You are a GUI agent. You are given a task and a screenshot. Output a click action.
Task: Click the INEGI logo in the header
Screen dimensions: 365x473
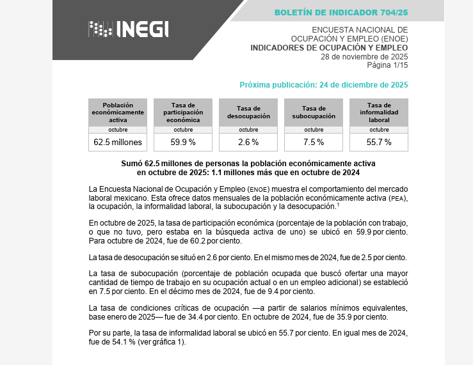129,29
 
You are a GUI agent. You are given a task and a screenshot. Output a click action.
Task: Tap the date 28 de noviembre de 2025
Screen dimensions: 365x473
364,56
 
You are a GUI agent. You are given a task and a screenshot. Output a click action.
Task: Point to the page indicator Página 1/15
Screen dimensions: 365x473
387,65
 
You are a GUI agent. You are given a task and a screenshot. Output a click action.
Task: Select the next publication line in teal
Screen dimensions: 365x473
323,84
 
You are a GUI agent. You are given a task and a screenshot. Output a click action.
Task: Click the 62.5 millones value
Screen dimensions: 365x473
118,142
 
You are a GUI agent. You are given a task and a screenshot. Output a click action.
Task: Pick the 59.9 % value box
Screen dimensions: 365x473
183,142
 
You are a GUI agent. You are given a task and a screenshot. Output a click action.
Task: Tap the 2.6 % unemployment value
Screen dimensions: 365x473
248,142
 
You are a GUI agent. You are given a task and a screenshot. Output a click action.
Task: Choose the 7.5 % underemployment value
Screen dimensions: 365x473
314,142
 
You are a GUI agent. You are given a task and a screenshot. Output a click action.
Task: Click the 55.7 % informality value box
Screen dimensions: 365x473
379,142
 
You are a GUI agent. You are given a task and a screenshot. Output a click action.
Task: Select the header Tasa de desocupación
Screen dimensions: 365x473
248,113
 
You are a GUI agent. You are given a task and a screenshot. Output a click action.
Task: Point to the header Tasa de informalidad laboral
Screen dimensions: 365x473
379,113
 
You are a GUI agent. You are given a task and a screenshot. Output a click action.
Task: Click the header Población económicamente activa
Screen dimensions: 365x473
118,113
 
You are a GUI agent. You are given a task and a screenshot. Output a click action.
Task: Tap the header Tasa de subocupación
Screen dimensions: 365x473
314,113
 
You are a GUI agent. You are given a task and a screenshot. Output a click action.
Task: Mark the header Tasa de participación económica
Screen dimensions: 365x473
183,113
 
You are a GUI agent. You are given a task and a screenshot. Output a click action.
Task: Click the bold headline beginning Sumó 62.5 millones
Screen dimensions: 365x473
248,168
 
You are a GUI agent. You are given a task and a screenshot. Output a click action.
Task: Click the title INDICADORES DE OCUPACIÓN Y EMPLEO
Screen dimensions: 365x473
329,47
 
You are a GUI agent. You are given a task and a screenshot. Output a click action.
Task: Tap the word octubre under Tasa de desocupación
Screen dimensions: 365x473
248,130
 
